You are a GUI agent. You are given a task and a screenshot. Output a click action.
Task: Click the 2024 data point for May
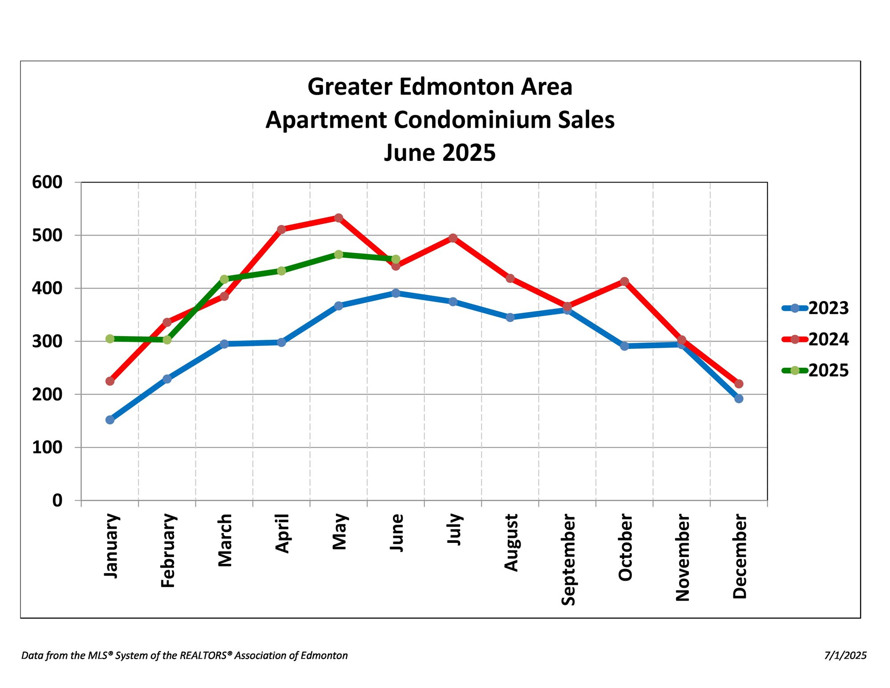click(339, 218)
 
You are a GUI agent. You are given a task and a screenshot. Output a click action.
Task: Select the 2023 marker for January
click(110, 419)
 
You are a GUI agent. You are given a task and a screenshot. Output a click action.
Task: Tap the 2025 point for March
click(224, 279)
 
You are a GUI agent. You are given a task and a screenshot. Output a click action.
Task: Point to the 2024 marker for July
click(453, 238)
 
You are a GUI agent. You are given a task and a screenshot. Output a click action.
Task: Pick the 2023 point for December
click(739, 399)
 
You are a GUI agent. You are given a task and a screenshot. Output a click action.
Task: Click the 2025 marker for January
click(110, 338)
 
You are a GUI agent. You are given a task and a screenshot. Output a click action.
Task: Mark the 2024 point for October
click(624, 281)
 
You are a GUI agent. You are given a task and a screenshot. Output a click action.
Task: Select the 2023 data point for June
click(396, 293)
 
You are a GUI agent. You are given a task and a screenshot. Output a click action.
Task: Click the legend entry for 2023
click(815, 308)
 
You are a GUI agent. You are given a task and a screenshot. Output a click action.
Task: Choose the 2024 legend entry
click(815, 339)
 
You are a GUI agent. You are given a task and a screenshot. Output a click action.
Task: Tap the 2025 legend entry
click(815, 370)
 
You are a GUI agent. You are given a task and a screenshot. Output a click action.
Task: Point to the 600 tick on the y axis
click(47, 182)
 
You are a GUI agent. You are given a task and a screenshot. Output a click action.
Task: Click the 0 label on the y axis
click(57, 501)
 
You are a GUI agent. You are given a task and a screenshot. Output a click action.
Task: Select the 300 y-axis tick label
click(47, 342)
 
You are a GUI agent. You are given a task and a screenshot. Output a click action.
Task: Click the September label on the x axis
click(568, 560)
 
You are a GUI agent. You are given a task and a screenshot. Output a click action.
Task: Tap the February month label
click(168, 550)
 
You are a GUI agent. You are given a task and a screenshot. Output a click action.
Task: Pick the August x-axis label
click(511, 542)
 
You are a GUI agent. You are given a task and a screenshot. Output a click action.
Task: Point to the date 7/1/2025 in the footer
click(845, 655)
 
